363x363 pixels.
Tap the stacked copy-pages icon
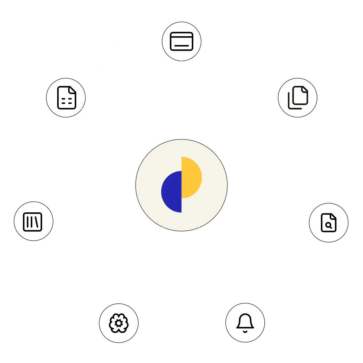298,97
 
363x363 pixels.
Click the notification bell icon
245,322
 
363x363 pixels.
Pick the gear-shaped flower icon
119,322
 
